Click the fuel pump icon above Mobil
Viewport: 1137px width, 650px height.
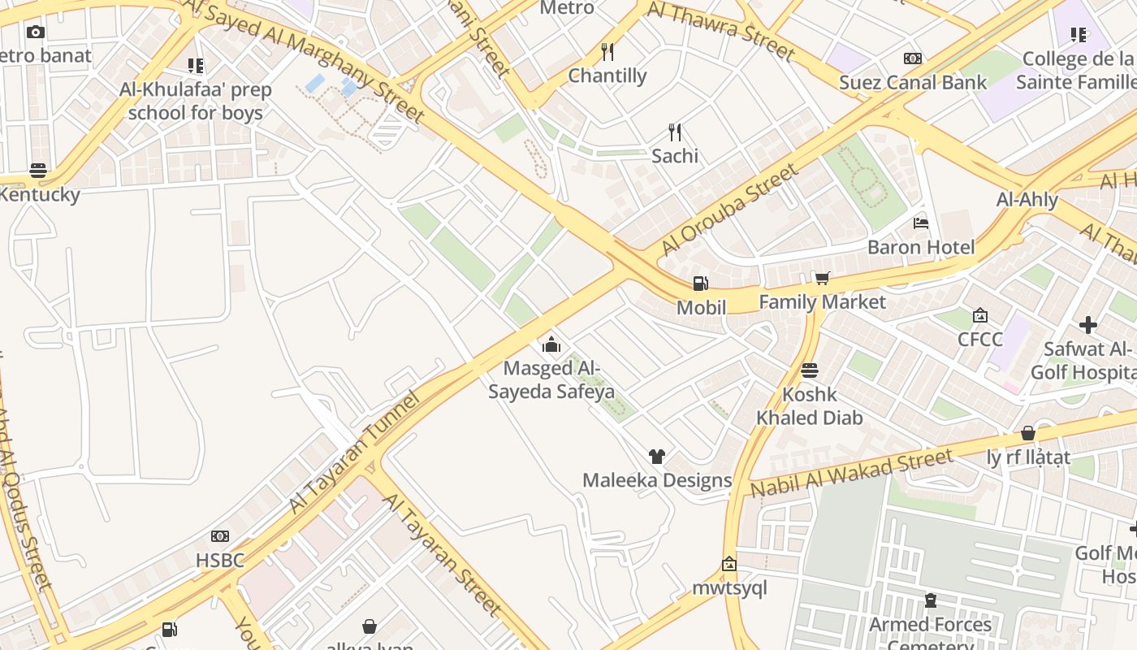tap(700, 284)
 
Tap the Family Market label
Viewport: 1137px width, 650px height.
tap(822, 302)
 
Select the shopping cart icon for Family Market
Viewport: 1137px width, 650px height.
tap(822, 279)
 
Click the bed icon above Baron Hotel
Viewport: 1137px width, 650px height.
tap(921, 223)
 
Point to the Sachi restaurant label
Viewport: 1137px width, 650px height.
tap(674, 155)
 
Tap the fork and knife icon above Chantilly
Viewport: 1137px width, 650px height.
tap(607, 52)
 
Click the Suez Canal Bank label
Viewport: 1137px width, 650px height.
tap(913, 82)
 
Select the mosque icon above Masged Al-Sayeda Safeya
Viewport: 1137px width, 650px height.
tap(551, 344)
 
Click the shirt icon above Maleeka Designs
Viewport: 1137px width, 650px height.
tap(657, 457)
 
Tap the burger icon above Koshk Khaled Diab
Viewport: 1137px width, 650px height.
tap(810, 370)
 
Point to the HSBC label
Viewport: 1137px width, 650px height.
tap(220, 560)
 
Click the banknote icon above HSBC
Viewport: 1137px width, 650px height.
tap(220, 536)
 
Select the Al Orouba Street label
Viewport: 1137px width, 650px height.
tap(729, 209)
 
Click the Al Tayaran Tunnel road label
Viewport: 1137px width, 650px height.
tap(354, 453)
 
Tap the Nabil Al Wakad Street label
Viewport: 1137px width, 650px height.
tap(851, 474)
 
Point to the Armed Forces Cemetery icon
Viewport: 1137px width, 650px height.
tap(931, 601)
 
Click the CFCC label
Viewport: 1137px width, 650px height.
tap(980, 339)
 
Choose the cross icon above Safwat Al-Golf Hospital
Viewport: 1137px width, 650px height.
tap(1088, 326)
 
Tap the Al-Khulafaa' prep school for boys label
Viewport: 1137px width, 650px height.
tap(196, 101)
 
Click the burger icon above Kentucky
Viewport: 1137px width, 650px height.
tap(38, 171)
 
